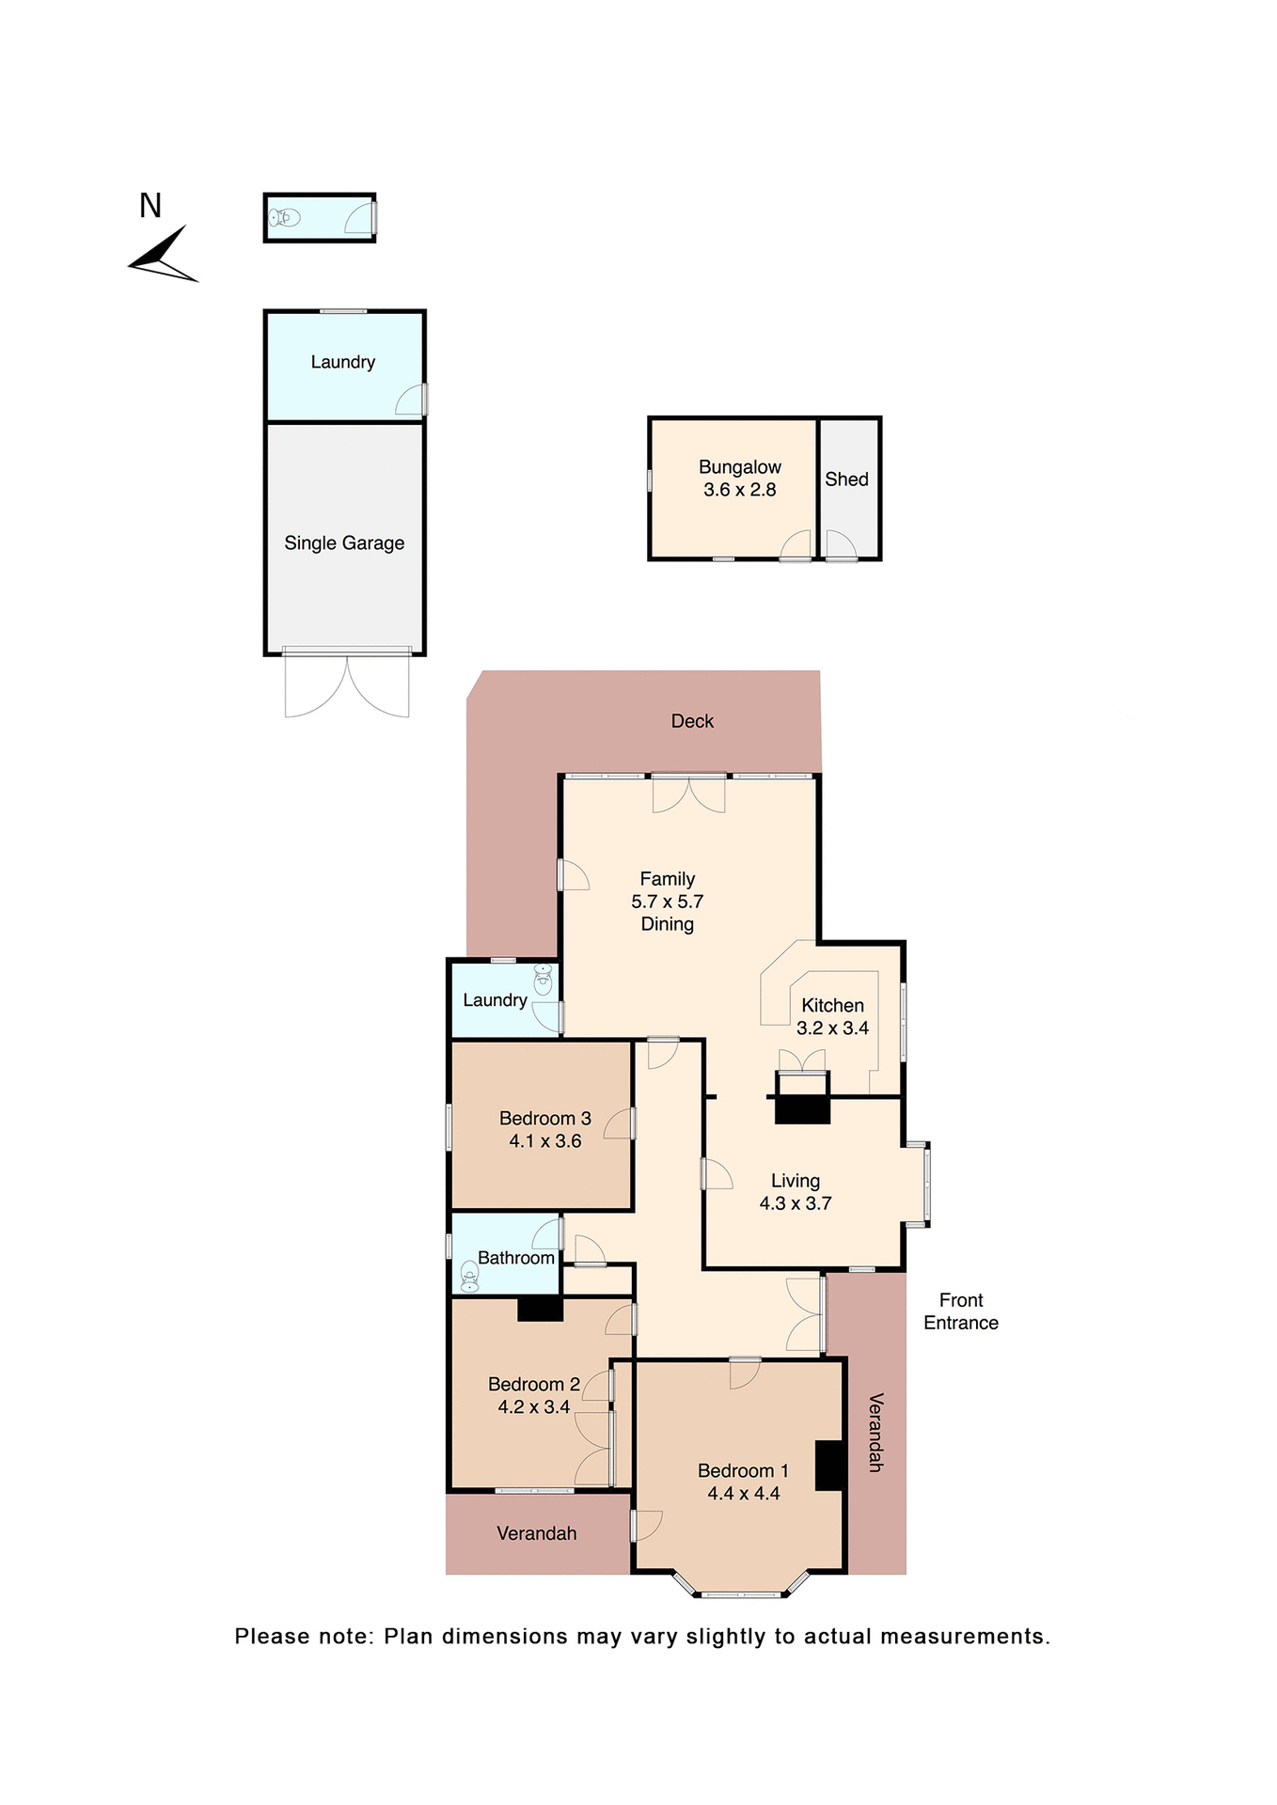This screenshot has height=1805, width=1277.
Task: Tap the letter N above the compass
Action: coord(150,206)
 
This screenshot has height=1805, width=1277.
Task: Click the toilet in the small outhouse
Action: coord(284,218)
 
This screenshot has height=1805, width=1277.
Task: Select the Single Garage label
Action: coord(344,543)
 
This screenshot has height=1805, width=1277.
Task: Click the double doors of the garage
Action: coord(347,685)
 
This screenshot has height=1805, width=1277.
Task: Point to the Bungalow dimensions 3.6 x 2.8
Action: coord(739,490)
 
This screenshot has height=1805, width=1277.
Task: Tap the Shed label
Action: coord(846,479)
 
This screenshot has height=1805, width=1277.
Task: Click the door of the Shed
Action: coord(840,545)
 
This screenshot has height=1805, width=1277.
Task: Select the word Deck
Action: coord(692,721)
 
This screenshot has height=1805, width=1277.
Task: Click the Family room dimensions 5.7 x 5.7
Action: coord(667,902)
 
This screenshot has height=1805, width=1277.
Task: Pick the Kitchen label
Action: coord(832,1006)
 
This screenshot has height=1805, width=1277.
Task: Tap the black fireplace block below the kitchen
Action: coord(802,1109)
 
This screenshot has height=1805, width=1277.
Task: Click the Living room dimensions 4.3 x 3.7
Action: coord(795,1203)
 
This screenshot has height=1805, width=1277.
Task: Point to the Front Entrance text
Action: coord(960,1311)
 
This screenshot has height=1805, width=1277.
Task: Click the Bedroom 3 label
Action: coord(544,1119)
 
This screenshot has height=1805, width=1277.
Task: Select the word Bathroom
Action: coord(515,1258)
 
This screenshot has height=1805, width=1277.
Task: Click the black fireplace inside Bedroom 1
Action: coord(828,1466)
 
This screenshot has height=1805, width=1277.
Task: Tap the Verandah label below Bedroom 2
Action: coord(536,1533)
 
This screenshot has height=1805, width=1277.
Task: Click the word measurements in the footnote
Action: coord(965,1637)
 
